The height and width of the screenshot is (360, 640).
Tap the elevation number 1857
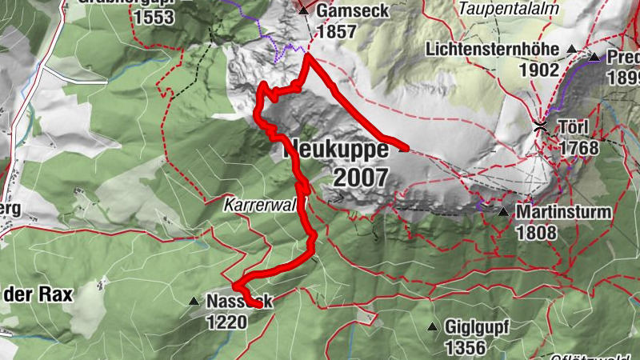point(336,32)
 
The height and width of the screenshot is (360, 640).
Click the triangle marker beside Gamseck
point(304,10)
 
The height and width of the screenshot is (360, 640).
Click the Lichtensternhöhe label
point(495,49)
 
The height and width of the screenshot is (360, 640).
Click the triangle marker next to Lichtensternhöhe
point(571,50)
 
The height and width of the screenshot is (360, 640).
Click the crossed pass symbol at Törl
point(541,126)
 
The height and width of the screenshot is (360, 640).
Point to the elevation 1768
point(579,148)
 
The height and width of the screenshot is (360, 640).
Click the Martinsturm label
point(563,213)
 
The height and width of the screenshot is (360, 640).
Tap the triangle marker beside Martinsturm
point(503,212)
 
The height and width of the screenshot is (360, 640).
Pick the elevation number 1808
point(536,234)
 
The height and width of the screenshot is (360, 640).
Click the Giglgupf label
point(478,326)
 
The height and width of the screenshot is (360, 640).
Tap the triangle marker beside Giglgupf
point(433,326)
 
